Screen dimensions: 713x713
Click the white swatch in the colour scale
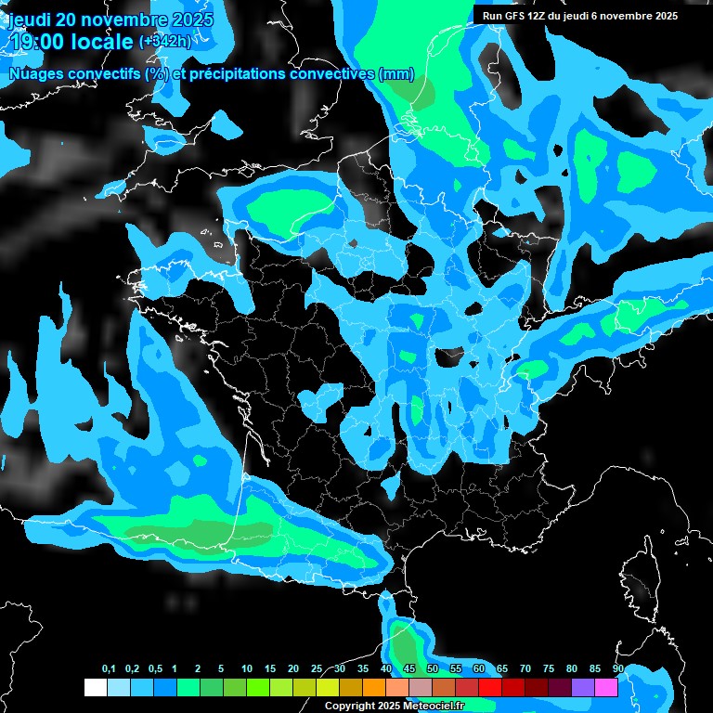tap(95, 688)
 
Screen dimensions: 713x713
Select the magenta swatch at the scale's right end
tap(606, 688)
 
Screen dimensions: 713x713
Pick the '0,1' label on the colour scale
tap(109, 669)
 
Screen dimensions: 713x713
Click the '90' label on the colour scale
tap(618, 669)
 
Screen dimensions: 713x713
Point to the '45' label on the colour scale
tap(409, 669)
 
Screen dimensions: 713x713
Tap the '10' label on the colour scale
tap(247, 669)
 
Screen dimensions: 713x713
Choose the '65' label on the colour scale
tap(502, 669)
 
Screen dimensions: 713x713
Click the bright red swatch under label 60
tap(490, 688)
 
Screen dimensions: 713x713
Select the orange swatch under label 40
tap(374, 688)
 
